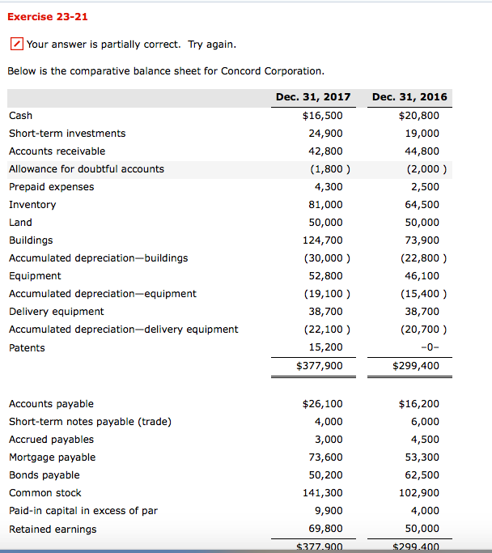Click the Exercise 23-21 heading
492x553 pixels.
point(48,16)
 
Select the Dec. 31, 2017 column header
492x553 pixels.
point(313,96)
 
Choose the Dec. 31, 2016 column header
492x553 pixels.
point(409,96)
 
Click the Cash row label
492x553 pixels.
point(21,116)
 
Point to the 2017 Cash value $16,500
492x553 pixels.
point(322,116)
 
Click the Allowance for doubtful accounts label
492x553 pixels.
point(87,169)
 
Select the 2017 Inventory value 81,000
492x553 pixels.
point(326,205)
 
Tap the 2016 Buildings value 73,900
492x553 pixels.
point(419,240)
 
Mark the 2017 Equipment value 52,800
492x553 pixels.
point(326,276)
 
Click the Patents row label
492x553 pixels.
point(27,348)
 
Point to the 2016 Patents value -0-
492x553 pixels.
point(429,347)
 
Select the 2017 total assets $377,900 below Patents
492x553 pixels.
point(320,366)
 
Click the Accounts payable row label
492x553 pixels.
point(51,404)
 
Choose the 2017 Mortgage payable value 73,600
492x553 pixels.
point(326,457)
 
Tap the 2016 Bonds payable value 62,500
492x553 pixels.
point(419,475)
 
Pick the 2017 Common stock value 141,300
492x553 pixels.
point(323,493)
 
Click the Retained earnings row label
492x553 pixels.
point(53,530)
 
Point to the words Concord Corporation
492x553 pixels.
point(275,71)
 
